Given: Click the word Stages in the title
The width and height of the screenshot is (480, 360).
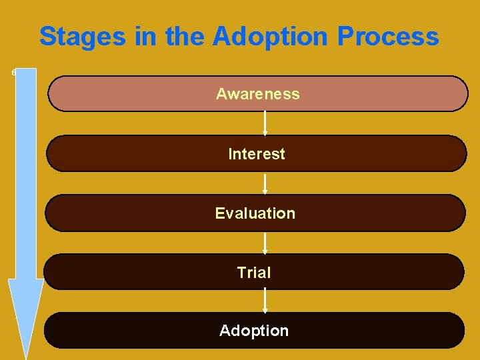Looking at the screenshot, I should coord(83,37).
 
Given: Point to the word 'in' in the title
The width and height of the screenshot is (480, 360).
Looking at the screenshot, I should coord(145,37).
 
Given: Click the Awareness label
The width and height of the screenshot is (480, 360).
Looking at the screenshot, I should coord(257,94).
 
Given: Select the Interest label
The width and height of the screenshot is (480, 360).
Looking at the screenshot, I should coord(256,154).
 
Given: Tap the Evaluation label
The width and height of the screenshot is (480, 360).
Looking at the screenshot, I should coord(255,213).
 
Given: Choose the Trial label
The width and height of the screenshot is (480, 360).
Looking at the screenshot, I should coord(254,273).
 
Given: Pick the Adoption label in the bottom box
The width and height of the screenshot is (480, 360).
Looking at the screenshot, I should coord(254,331).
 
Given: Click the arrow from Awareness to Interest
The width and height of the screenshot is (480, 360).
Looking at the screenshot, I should coord(265,123).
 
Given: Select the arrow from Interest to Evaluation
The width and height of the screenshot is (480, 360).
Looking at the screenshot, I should coord(265,183).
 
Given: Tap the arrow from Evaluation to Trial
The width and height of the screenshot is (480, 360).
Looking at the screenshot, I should coord(265,243).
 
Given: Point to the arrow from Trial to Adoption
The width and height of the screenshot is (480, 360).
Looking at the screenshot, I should coord(265,301).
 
